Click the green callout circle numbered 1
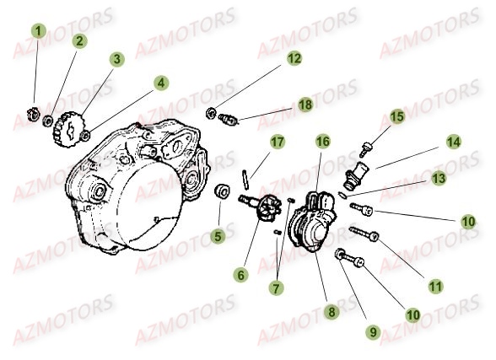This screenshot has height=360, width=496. click(36, 32)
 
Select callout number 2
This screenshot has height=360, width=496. click(78, 40)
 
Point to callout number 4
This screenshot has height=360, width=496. click(159, 83)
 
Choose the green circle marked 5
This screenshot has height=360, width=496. click(218, 237)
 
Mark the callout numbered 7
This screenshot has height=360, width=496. click(275, 288)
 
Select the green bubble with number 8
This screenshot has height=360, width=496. click(332, 312)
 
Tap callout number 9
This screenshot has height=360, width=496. click(373, 332)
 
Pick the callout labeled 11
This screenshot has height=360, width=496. click(435, 287)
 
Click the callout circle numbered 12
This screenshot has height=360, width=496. click(293, 58)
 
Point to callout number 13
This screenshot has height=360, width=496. click(438, 178)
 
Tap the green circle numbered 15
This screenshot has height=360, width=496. click(396, 116)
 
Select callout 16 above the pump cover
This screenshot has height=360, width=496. click(321, 141)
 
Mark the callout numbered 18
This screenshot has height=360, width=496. click(305, 104)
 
